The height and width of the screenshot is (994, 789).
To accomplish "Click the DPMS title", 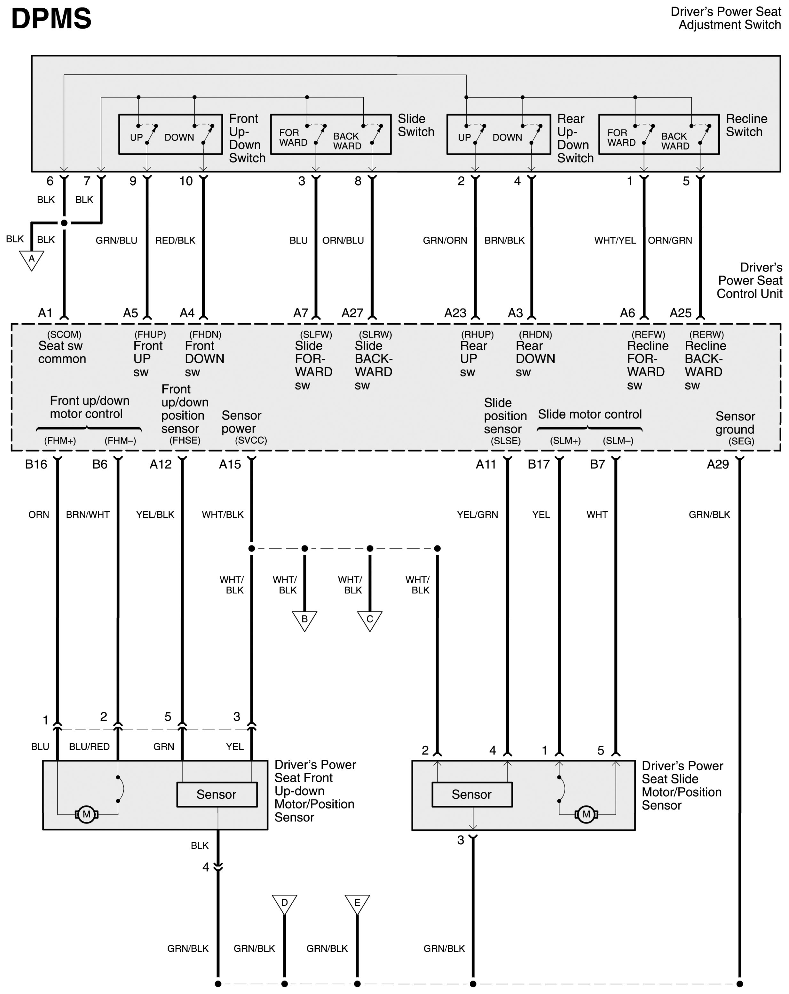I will click(51, 19).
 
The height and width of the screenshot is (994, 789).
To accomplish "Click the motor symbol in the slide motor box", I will click(586, 815).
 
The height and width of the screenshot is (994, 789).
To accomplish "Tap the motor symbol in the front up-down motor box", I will click(86, 815).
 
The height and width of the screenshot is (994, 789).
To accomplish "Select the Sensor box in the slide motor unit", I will click(471, 794).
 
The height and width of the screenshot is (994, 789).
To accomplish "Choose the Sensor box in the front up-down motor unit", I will click(217, 794).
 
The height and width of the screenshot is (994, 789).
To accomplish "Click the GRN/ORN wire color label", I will click(445, 241).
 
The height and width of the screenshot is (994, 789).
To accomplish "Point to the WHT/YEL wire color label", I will click(615, 241).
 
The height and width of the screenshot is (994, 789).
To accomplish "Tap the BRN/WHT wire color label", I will click(88, 515).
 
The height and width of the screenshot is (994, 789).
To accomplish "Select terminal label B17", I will click(538, 464).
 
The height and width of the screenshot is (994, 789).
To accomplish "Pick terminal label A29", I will click(718, 464).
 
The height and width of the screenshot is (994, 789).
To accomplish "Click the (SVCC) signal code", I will click(251, 440).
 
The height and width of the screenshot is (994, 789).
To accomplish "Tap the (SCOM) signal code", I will click(64, 334).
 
